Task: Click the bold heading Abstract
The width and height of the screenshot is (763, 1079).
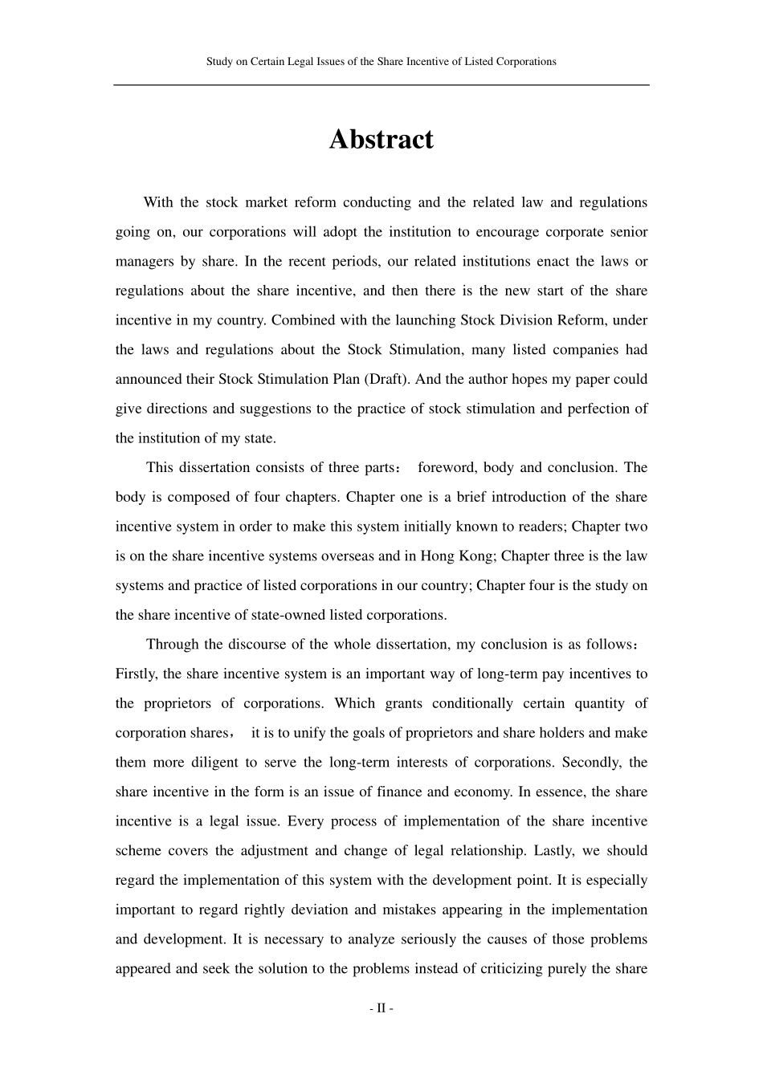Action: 381,140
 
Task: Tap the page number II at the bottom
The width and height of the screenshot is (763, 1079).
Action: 381,1008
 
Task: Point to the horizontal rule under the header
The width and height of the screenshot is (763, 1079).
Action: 381,85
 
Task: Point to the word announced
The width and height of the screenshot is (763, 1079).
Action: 146,379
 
